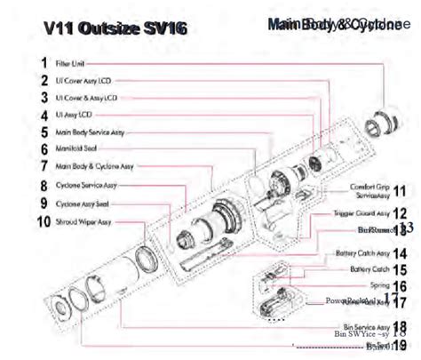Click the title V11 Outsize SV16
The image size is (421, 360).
(x=115, y=28)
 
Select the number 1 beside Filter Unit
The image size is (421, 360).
(x=44, y=63)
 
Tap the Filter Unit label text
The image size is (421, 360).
(x=70, y=64)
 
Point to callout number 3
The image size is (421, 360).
(x=44, y=98)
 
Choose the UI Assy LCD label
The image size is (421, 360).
(x=75, y=116)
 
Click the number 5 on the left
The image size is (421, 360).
(x=44, y=132)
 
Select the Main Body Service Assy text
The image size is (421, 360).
(x=90, y=132)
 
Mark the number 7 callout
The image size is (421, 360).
(x=44, y=166)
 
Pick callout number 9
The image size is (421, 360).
(x=44, y=204)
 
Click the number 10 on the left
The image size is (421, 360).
(x=44, y=221)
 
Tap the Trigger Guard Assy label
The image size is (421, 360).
(x=364, y=213)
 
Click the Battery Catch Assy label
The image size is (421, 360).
(x=361, y=253)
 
